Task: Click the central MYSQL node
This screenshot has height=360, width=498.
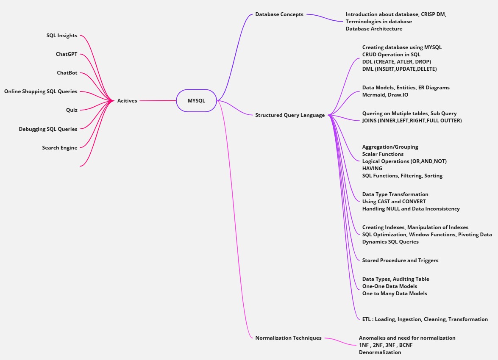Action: click(x=196, y=101)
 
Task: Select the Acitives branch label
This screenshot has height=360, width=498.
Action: click(x=127, y=101)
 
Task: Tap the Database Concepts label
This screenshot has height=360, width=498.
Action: click(x=279, y=14)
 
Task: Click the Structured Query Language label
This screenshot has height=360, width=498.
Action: click(x=290, y=115)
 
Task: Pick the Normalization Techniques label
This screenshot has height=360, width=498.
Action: click(x=288, y=338)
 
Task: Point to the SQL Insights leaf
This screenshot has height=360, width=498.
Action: click(x=62, y=36)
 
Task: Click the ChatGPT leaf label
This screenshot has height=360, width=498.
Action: click(x=67, y=54)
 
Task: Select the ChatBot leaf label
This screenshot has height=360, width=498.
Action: click(x=67, y=73)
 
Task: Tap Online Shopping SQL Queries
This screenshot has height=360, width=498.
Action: click(x=41, y=91)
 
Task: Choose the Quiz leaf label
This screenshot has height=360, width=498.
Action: click(x=72, y=110)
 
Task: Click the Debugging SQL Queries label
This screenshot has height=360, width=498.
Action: click(x=48, y=129)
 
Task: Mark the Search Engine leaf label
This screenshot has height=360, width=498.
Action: click(x=60, y=148)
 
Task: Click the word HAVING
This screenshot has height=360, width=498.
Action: click(x=372, y=169)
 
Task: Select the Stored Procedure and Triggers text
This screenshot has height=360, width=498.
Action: click(x=400, y=260)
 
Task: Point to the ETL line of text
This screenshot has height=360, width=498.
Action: click(x=425, y=319)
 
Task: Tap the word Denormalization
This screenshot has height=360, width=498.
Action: click(x=380, y=352)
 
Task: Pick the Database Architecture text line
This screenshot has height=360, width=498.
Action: click(x=374, y=29)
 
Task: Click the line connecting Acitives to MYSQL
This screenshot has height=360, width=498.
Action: click(x=158, y=101)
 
